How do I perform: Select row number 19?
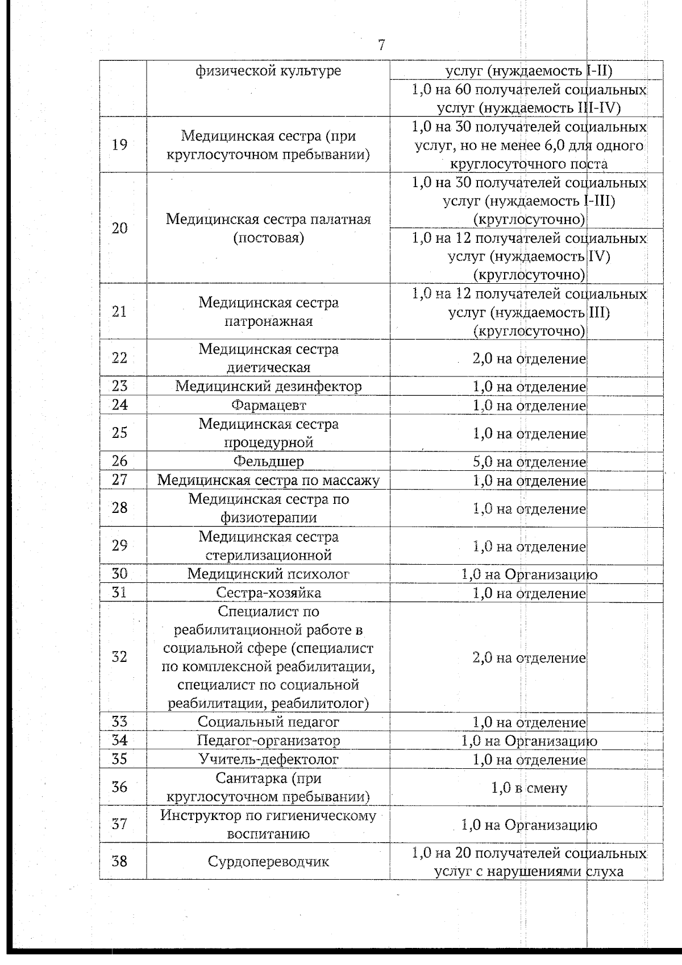[119, 144]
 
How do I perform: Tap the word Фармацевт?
[268, 405]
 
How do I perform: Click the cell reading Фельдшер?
[268, 461]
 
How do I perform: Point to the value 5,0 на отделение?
[529, 462]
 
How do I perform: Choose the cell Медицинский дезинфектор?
[268, 387]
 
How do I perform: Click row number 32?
[119, 657]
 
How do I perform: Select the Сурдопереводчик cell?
[268, 862]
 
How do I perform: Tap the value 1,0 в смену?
[529, 788]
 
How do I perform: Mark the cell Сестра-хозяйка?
[268, 593]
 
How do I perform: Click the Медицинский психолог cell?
[268, 574]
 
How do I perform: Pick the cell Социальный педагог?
[268, 722]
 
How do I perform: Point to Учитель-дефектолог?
[268, 760]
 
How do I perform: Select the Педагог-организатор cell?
[268, 741]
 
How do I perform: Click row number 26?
[119, 461]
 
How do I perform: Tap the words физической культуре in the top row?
[268, 71]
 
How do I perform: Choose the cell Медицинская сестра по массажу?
[268, 481]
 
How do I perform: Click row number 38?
[119, 862]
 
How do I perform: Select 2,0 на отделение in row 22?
[529, 359]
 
